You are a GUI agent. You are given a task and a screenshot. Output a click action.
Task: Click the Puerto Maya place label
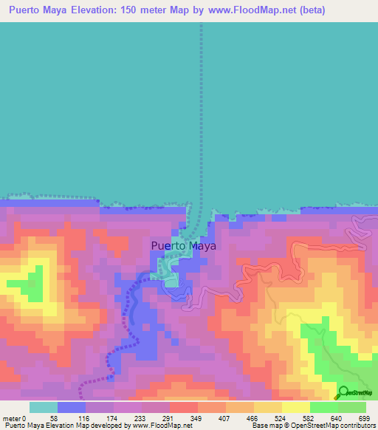[183, 246]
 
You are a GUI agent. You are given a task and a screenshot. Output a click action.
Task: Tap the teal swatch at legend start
[44, 407]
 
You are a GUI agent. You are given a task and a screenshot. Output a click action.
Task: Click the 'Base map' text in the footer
[264, 426]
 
